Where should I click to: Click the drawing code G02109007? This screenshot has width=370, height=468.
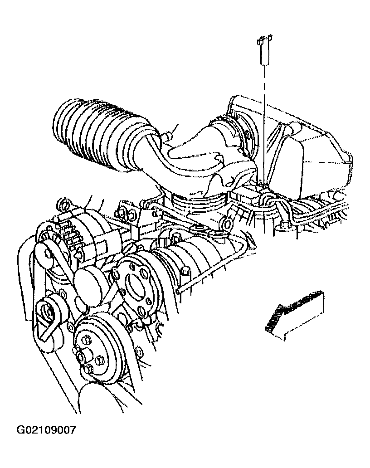pyautogui.click(x=46, y=430)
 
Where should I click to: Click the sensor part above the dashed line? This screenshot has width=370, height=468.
pyautogui.click(x=264, y=49)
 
